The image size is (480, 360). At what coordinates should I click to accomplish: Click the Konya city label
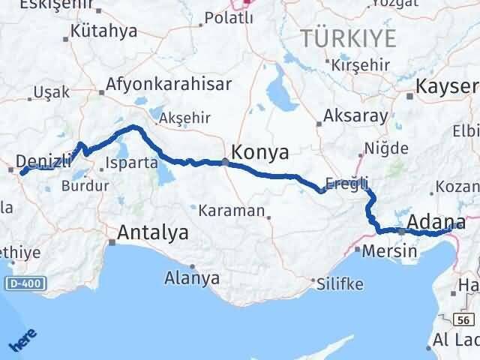[260, 152]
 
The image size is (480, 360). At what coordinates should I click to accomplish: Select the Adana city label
[438, 222]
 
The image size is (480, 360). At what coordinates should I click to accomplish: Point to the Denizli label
[43, 160]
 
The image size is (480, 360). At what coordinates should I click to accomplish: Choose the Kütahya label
[103, 31]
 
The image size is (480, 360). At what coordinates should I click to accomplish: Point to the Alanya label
[192, 278]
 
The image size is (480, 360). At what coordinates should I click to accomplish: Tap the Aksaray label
[355, 116]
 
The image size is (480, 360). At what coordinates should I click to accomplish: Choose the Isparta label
[132, 162]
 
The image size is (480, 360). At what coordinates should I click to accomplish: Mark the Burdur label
[79, 185]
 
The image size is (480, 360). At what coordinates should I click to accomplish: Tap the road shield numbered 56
[465, 320]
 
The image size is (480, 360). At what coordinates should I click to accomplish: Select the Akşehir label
[188, 117]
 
